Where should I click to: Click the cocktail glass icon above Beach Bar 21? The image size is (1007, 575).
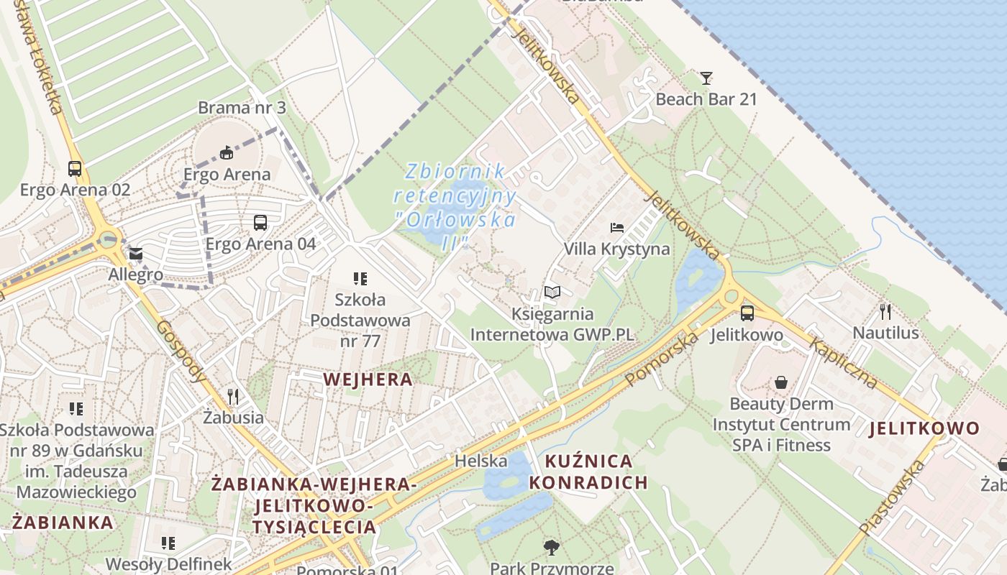[x=706, y=78]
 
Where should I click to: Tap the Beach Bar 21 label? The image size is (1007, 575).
[x=706, y=99]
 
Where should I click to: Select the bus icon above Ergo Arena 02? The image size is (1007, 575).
[x=75, y=169]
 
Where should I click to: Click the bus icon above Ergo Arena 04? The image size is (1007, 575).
[x=260, y=223]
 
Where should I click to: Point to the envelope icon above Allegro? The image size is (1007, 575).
[x=136, y=254]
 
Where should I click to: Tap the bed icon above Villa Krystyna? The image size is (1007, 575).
[x=617, y=228]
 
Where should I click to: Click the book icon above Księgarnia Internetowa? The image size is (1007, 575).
[x=552, y=293]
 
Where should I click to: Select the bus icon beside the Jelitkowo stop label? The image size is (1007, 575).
[x=747, y=313]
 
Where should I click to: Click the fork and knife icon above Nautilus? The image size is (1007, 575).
[x=885, y=311]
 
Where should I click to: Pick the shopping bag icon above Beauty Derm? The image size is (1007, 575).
[x=781, y=382]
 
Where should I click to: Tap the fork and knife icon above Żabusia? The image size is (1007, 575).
[x=232, y=396]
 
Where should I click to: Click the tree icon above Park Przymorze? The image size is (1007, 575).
[x=552, y=547]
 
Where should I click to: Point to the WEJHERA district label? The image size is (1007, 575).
[x=368, y=379]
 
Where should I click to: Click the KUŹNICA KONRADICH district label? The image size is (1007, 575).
[x=588, y=471]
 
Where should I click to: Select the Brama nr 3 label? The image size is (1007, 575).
[x=242, y=109]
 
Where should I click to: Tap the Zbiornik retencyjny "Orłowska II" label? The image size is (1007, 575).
[x=455, y=206]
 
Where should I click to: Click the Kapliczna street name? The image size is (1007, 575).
[x=844, y=362]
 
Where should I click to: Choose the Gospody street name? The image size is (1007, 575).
[x=181, y=351]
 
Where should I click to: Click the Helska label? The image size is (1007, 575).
[x=480, y=461]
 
